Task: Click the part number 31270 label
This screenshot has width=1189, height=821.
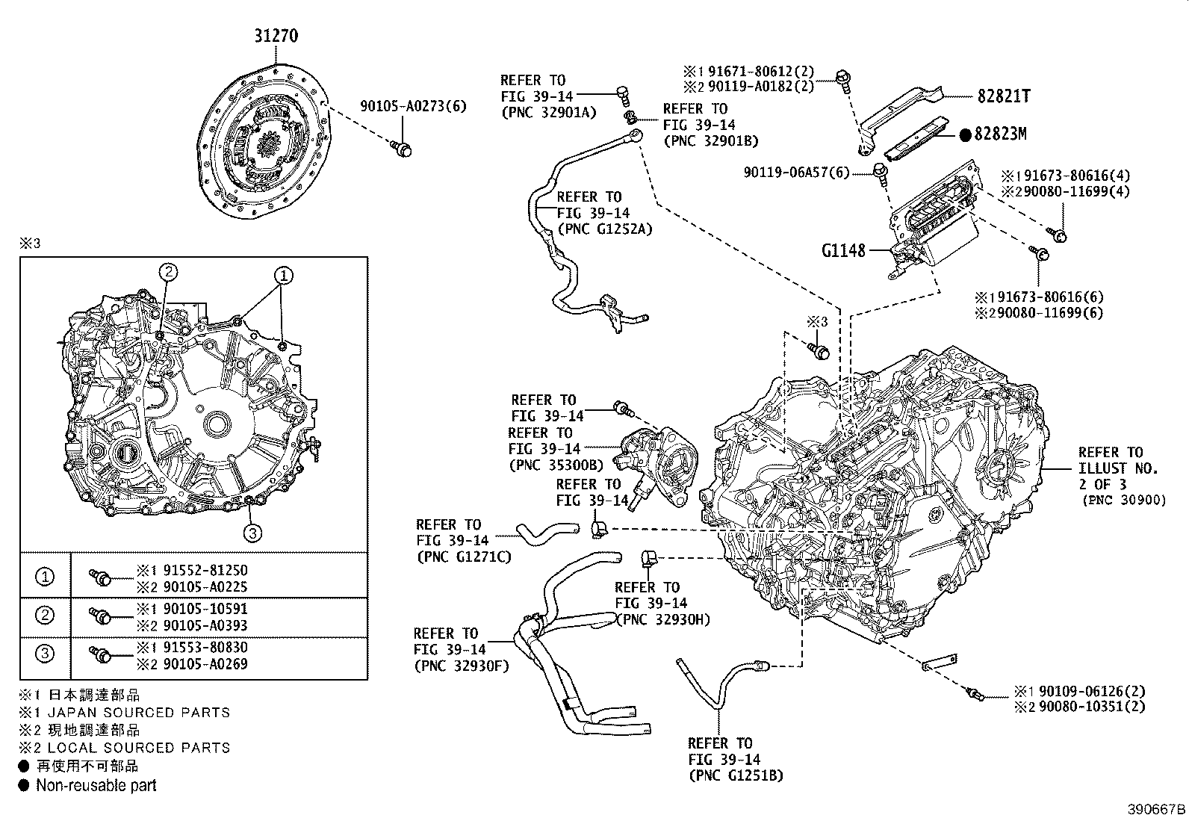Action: (275, 35)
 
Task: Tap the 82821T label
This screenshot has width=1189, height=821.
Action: (1003, 96)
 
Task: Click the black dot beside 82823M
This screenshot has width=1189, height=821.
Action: (964, 134)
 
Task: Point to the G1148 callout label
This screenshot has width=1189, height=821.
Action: (842, 250)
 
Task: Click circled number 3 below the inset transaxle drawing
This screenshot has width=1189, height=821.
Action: (252, 532)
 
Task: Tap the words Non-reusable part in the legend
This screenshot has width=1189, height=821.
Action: (96, 785)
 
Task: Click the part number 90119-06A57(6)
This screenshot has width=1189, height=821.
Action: (796, 173)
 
